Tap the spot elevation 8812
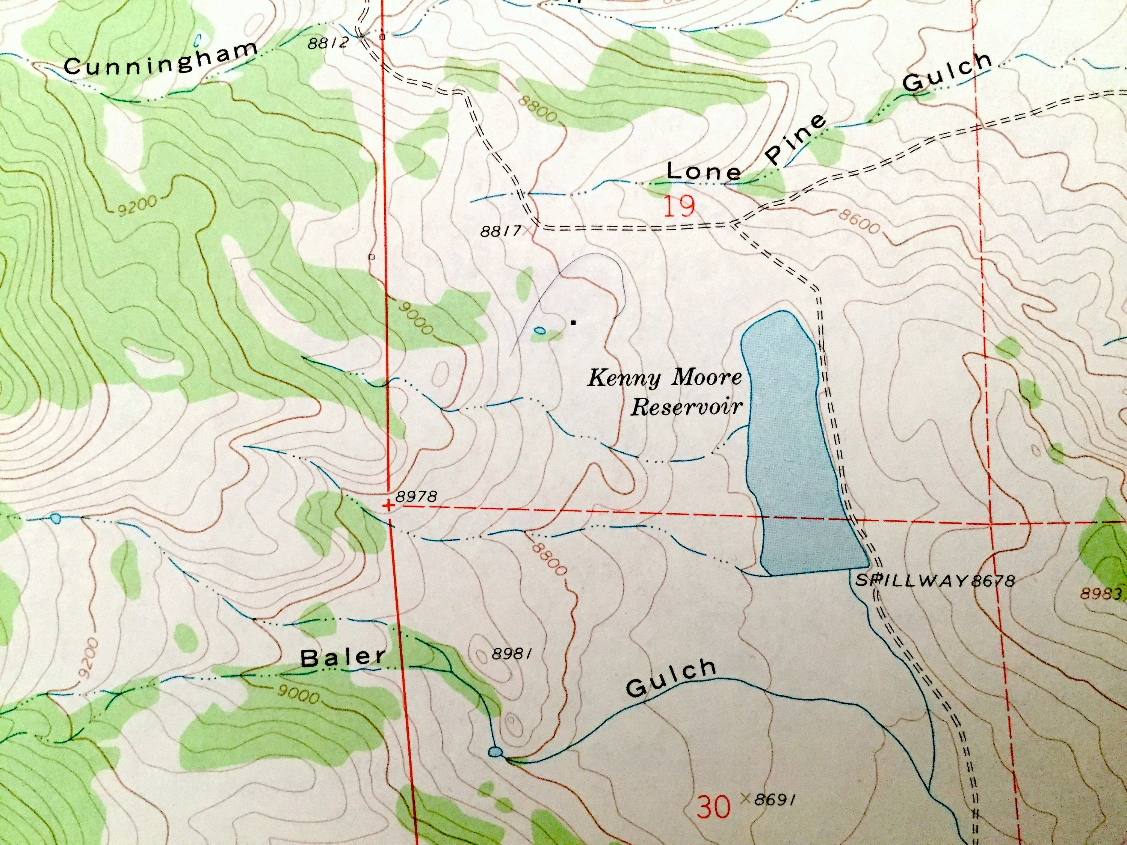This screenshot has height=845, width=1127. [328, 43]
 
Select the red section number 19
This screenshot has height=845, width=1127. [680, 207]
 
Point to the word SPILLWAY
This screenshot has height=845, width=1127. [912, 581]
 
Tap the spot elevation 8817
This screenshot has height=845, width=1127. [501, 232]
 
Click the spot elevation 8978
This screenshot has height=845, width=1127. [416, 496]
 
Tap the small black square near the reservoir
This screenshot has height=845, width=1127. [574, 322]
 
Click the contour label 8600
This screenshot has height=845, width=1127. [860, 223]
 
